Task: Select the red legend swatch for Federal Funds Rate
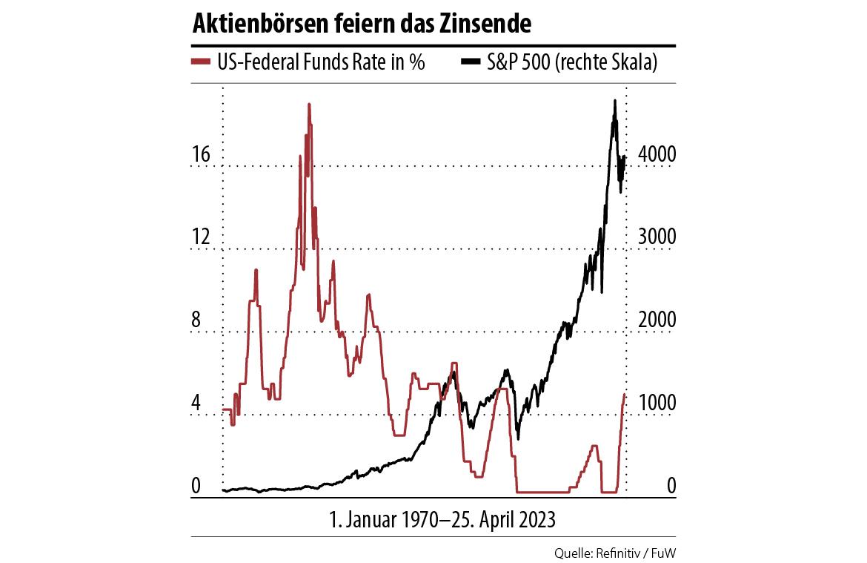pos(201,62)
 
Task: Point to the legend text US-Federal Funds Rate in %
pos(321,62)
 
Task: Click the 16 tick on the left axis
pos(202,155)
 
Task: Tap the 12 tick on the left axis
pos(202,238)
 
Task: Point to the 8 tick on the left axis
pos(197,321)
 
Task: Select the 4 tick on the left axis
pos(197,404)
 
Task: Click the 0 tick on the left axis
pos(197,487)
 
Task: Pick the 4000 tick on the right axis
pos(657,155)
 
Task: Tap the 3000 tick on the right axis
pos(657,238)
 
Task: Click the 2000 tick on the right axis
pos(657,321)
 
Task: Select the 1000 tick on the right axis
pos(657,404)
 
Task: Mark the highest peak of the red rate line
pos(309,105)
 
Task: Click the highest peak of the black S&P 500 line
pos(614,101)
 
